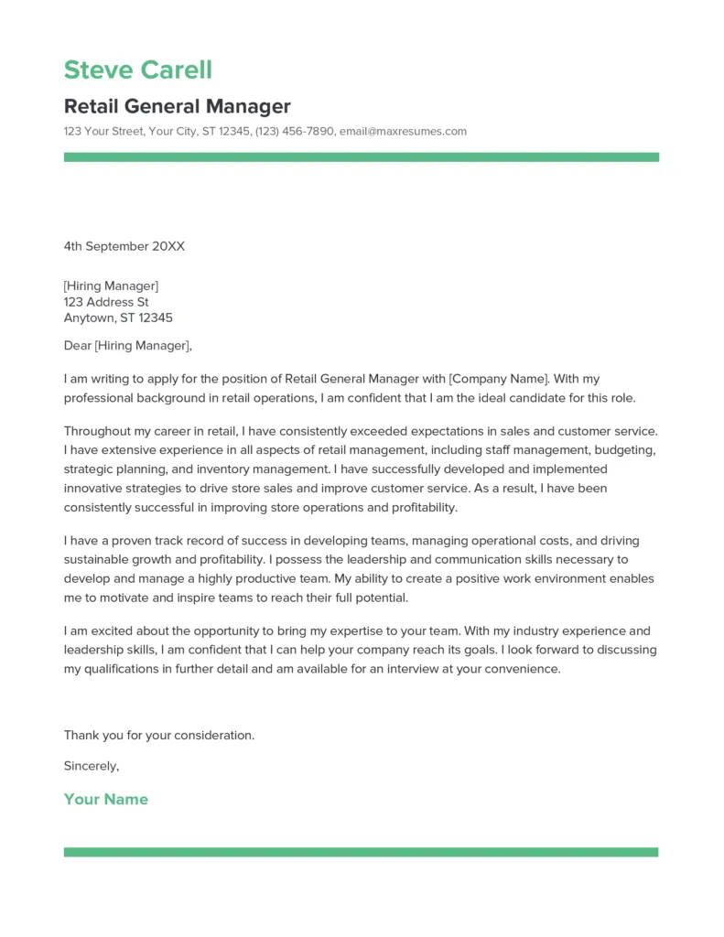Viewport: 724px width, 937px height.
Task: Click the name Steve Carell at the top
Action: pyautogui.click(x=137, y=70)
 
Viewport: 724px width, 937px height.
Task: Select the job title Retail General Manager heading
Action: pyautogui.click(x=177, y=106)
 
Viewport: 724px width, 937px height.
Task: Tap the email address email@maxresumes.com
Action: pyautogui.click(x=403, y=132)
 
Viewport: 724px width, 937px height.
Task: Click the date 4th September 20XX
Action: pyautogui.click(x=124, y=246)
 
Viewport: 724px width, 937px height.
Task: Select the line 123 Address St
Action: pyautogui.click(x=106, y=302)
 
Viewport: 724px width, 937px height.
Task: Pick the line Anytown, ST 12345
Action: pyautogui.click(x=118, y=318)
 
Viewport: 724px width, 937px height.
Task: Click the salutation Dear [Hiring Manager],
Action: pyautogui.click(x=128, y=346)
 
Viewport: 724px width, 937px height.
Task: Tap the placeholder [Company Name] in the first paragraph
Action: pyautogui.click(x=499, y=378)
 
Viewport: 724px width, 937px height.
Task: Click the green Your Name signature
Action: pyautogui.click(x=105, y=799)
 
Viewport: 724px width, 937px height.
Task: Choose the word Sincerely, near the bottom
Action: pyautogui.click(x=92, y=766)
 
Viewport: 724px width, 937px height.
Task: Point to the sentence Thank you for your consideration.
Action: pyautogui.click(x=159, y=735)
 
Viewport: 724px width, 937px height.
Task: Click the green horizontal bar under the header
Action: pyautogui.click(x=362, y=157)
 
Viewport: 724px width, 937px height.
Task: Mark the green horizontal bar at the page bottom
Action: pyautogui.click(x=362, y=852)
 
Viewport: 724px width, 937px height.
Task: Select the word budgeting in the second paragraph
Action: pyautogui.click(x=630, y=449)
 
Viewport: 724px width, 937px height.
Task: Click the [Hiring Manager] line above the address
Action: pyautogui.click(x=111, y=285)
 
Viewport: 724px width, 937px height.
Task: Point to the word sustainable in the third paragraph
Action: pyautogui.click(x=99, y=559)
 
